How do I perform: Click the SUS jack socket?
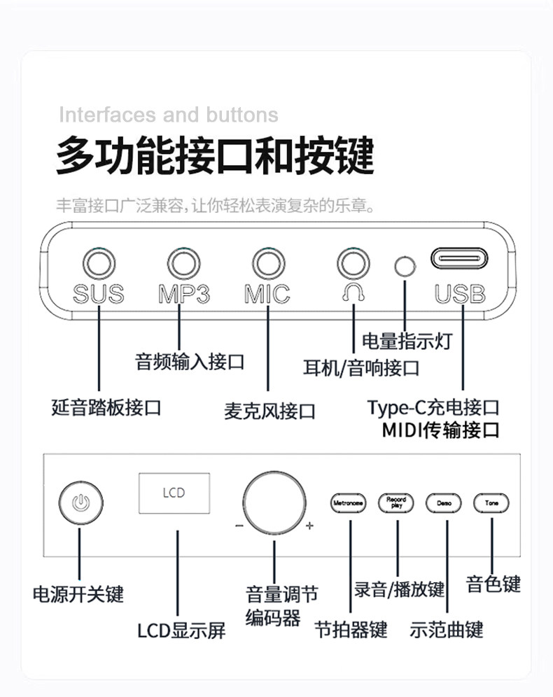pos(99,265)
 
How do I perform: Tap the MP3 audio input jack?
pos(183,265)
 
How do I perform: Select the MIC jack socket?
pos(268,265)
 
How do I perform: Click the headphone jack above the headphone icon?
pos(353,265)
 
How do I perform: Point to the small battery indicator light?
pos(405,265)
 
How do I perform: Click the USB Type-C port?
pos(460,260)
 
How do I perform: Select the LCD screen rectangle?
pos(173,493)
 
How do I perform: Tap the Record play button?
pos(397,502)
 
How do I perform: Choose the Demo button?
pos(444,502)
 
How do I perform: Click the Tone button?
pos(491,502)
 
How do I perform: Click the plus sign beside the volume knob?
pos(309,527)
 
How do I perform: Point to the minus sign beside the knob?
pos(239,527)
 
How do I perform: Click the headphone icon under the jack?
pos(353,293)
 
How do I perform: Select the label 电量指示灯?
pos(407,342)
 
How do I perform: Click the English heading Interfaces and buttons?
pos(168,114)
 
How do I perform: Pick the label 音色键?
pos(493,584)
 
